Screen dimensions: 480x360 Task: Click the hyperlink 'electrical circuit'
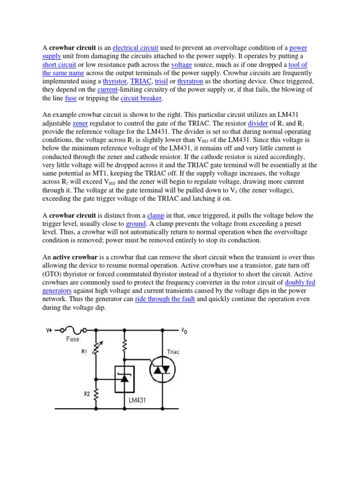click(x=135, y=48)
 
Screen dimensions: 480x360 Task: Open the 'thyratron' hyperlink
click(x=192, y=81)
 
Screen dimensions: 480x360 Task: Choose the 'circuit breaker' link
click(x=141, y=98)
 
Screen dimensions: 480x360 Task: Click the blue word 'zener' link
click(x=81, y=123)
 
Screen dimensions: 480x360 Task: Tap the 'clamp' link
click(x=155, y=216)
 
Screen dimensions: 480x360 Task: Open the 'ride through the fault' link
click(x=165, y=299)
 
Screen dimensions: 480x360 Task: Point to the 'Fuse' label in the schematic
click(x=72, y=339)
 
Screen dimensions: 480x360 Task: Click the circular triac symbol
click(x=163, y=370)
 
